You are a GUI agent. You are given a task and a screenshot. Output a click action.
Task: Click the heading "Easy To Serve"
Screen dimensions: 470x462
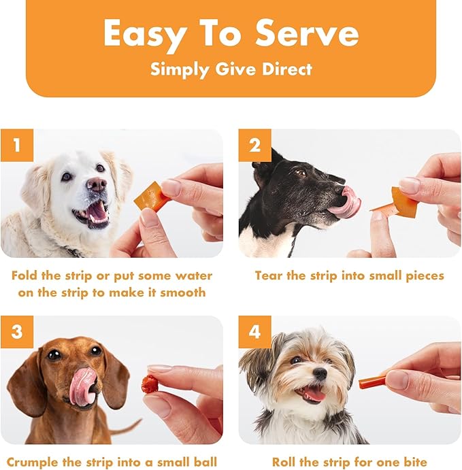tap(231, 33)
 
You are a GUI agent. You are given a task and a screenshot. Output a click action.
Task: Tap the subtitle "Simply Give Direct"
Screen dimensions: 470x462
tap(231, 69)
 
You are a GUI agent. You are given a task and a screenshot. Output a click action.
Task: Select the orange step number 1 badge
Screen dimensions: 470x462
tap(16, 146)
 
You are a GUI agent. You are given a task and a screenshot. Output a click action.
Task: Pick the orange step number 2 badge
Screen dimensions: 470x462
tap(254, 146)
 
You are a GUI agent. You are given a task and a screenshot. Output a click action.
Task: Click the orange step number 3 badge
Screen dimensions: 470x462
tap(16, 332)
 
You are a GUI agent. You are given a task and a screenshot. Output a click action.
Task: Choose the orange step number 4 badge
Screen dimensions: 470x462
tap(254, 332)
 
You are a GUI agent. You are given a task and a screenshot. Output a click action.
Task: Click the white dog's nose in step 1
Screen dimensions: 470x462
tap(96, 184)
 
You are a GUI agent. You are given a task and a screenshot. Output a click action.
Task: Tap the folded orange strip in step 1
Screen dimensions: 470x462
tap(151, 198)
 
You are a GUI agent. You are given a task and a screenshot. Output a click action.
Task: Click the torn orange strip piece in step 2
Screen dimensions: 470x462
tap(402, 203)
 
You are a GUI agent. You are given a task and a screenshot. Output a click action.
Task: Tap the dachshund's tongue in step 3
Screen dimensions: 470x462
tap(82, 386)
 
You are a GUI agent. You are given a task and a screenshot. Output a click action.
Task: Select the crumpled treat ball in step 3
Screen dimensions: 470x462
tap(150, 384)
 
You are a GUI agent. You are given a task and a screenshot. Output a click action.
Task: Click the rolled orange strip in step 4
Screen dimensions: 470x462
tap(373, 381)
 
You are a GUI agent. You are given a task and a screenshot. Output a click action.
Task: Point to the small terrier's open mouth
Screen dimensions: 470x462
tap(314, 393)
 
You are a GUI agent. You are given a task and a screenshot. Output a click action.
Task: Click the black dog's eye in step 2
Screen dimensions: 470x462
tap(300, 173)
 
